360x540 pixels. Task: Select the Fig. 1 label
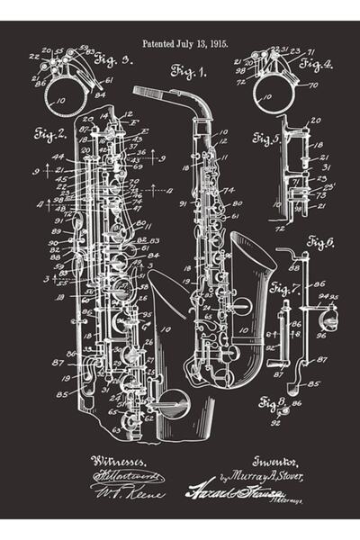coord(190,69)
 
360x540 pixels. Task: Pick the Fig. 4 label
coord(316,64)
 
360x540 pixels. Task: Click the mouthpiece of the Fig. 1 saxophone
coord(148,92)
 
